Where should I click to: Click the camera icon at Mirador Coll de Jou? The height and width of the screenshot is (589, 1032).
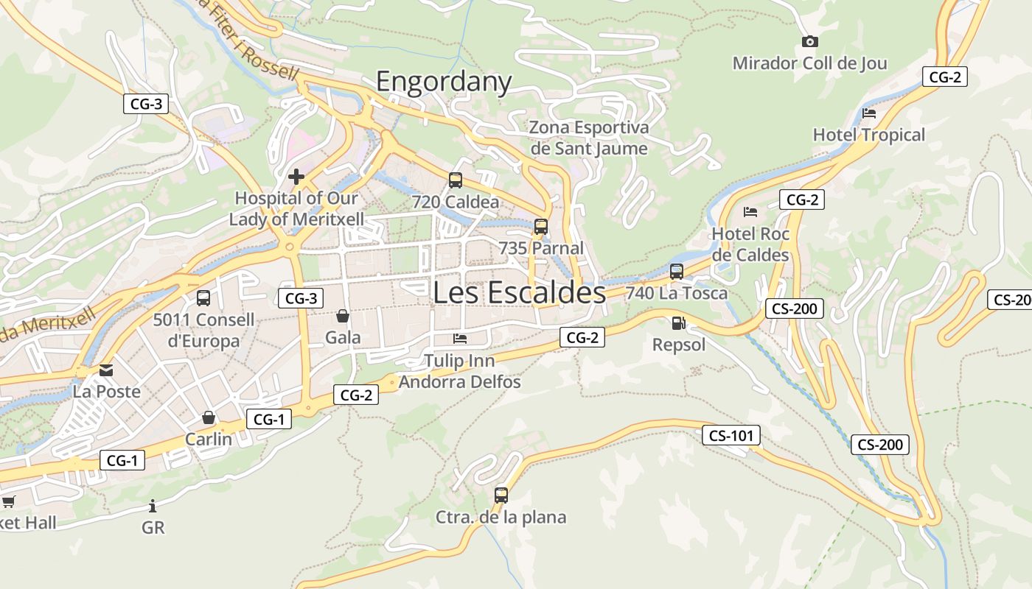[x=809, y=42]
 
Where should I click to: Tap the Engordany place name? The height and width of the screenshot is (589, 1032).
[x=444, y=81]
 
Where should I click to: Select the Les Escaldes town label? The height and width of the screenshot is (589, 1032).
[x=519, y=292]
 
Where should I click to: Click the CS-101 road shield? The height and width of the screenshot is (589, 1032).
[x=731, y=436]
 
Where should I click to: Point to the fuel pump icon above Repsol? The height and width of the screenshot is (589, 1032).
[x=677, y=323]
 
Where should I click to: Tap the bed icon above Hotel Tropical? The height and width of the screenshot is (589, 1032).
[x=869, y=113]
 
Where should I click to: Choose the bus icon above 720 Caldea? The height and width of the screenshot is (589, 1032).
[x=456, y=180]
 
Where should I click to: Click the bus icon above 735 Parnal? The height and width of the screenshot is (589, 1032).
[x=541, y=227]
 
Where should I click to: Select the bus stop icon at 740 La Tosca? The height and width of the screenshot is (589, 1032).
[x=677, y=272]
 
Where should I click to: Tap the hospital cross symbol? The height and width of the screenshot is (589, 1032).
[x=296, y=177]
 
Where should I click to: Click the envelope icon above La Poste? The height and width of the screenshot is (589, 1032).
[x=107, y=370]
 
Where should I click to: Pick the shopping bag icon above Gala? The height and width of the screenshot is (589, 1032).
[x=343, y=317]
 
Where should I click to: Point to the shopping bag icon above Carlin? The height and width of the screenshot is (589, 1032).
[x=209, y=418]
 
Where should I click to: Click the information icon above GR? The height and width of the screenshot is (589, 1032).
[x=153, y=506]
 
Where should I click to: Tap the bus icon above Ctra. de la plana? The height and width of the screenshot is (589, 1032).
[x=501, y=495]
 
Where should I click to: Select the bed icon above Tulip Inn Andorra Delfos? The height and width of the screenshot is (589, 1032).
[x=460, y=339]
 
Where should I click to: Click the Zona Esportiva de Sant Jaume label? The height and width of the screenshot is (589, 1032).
[x=589, y=138]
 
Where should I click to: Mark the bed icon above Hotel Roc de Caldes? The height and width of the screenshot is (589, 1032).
[x=750, y=212]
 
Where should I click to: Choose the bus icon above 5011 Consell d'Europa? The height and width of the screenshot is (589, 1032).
[x=203, y=298]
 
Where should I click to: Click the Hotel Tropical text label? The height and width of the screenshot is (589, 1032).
[x=868, y=135]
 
